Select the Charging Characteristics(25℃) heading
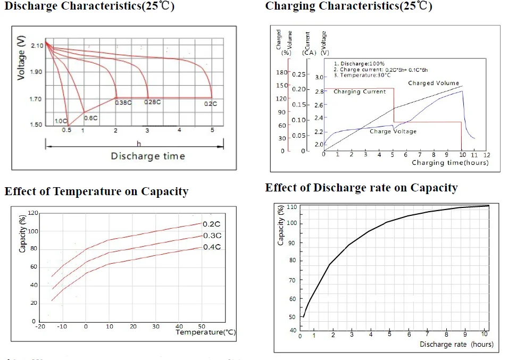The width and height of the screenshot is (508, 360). (x=348, y=6)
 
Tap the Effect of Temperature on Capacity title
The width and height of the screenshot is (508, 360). (x=96, y=191)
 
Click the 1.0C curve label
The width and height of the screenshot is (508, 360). (x=61, y=121)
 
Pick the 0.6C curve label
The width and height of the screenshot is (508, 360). (x=91, y=118)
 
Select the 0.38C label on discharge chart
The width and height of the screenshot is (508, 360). (x=123, y=103)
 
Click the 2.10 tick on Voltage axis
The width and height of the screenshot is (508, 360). (x=37, y=46)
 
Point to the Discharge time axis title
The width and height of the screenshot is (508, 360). (x=147, y=156)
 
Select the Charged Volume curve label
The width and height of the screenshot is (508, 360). (x=433, y=83)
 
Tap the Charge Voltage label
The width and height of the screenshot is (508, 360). (x=393, y=131)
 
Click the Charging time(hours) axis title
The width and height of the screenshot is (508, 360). (x=449, y=163)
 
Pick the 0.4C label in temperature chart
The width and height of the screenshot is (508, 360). (x=212, y=247)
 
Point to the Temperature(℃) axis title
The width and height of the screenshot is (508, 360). (x=205, y=332)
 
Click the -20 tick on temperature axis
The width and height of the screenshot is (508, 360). (x=40, y=326)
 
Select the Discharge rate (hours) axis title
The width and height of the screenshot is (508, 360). (x=456, y=345)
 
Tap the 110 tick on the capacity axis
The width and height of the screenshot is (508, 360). (x=291, y=206)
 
